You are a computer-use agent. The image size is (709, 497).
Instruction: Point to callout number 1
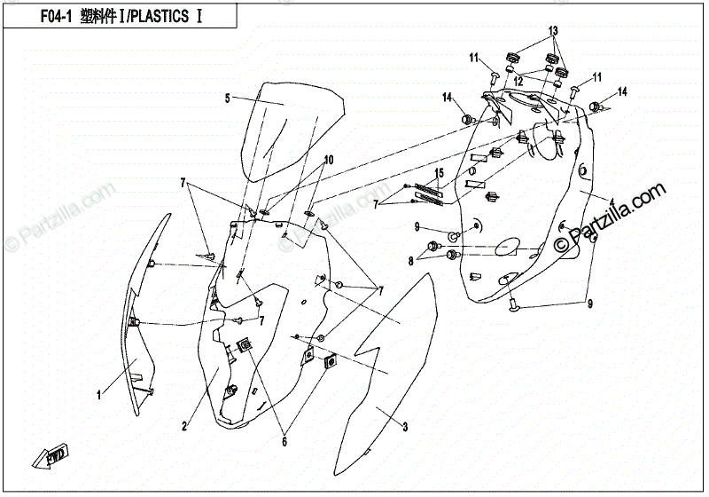click(x=99, y=392)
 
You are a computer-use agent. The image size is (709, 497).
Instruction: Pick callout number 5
click(x=227, y=98)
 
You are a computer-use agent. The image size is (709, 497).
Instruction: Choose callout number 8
click(x=411, y=261)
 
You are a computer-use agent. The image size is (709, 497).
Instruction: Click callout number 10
click(x=328, y=161)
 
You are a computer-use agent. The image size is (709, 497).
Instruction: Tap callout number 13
click(x=553, y=31)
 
